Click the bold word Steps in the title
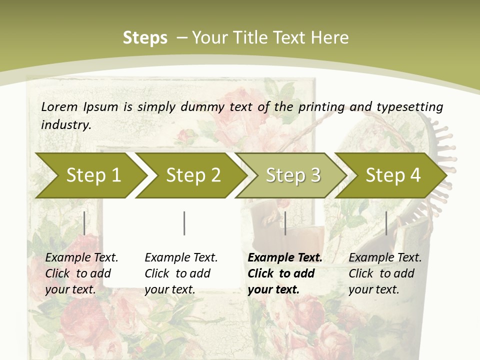145,38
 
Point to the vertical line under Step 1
84,223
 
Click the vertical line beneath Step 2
184,223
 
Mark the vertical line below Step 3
285,223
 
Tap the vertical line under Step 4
386,223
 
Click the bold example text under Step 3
284,273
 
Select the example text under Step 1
81,273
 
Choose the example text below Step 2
181,273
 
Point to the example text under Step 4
385,273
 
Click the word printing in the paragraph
321,106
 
